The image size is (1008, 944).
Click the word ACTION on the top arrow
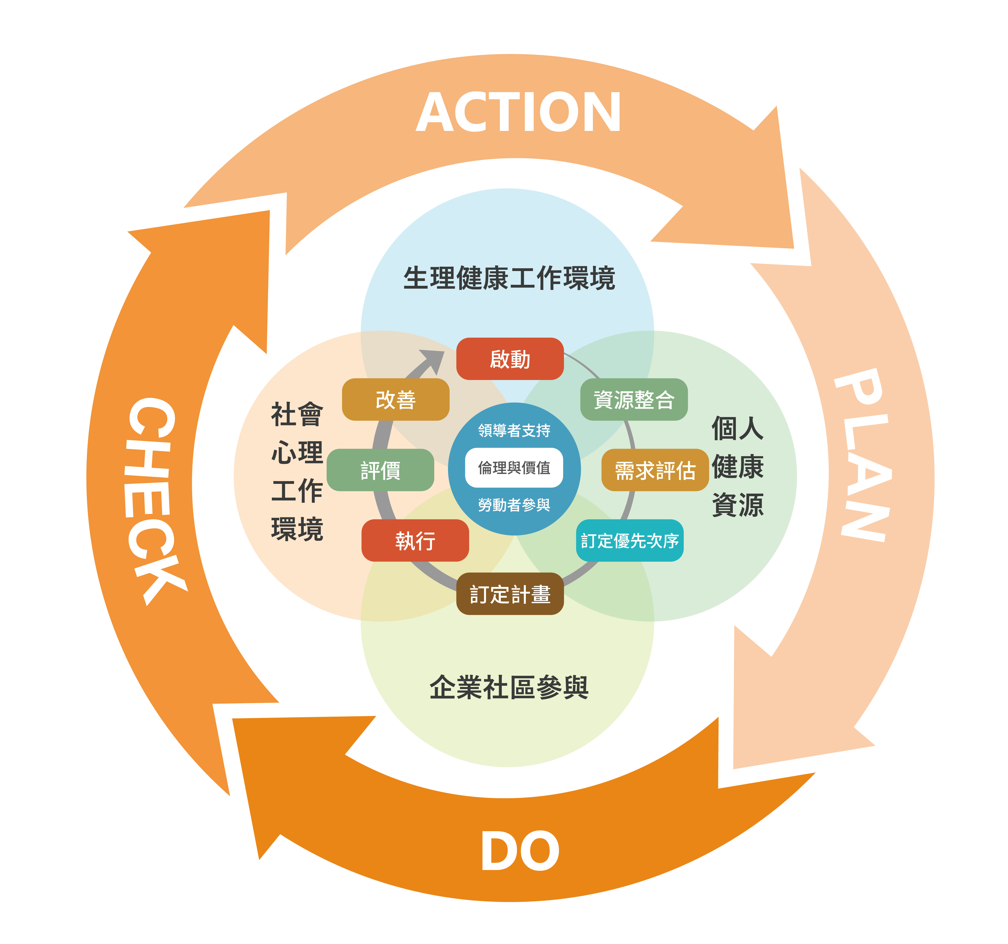coord(518,113)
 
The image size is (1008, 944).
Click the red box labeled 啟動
coord(509,359)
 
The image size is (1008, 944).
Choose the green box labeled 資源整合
coord(634,399)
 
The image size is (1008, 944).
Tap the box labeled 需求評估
coord(654,470)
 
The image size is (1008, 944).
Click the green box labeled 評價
coord(380,470)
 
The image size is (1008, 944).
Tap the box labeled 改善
coord(395,399)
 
